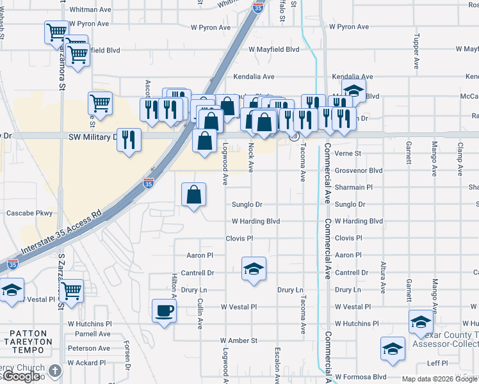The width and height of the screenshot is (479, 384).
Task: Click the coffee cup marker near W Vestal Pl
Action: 164,312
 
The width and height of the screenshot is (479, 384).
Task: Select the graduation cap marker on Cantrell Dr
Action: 254,269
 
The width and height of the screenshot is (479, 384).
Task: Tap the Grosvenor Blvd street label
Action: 359,171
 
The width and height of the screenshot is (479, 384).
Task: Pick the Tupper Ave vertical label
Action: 416,51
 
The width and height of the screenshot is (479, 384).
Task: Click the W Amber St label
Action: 238,340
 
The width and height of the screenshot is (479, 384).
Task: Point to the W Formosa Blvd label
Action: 361,377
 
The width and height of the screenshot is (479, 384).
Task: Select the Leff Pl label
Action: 437,363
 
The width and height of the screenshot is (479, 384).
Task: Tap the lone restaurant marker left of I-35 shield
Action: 129,139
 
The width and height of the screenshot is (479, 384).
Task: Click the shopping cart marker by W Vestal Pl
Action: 71,291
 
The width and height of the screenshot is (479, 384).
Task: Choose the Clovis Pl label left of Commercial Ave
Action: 239,238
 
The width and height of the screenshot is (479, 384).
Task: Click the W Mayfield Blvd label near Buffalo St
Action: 274,49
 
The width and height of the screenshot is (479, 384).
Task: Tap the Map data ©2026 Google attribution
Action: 439,379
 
